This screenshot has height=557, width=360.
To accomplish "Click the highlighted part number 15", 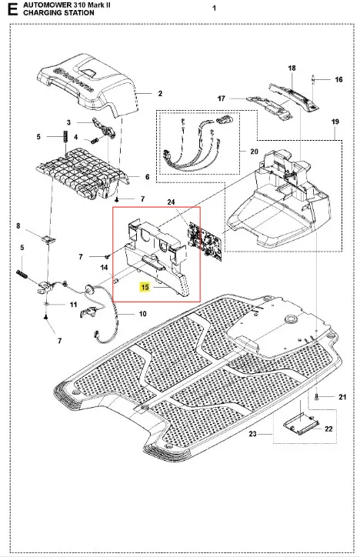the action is click(x=145, y=287).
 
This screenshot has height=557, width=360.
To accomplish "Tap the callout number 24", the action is click(x=171, y=202).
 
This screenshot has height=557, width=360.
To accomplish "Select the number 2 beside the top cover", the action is click(x=160, y=93).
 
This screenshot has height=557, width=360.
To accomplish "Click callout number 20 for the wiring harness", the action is click(x=254, y=152).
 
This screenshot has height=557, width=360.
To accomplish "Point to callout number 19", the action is click(x=335, y=122).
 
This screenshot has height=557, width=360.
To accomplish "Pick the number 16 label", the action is click(x=338, y=79).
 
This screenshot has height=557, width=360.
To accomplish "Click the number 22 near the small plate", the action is click(x=328, y=429).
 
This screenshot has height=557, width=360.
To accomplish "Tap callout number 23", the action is click(x=252, y=434).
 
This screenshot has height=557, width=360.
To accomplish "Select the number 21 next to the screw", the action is click(x=342, y=397).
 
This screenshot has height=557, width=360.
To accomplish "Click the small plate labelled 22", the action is click(x=301, y=425).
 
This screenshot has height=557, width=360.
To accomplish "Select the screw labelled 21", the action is click(x=316, y=397).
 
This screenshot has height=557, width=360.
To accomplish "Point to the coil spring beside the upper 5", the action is click(x=65, y=136).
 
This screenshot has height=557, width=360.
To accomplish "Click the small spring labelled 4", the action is click(x=94, y=140).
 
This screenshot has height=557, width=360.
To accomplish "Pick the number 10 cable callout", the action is click(x=142, y=314).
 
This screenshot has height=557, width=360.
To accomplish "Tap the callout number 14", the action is click(x=104, y=268).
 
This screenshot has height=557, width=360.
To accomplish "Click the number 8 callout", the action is click(x=18, y=225).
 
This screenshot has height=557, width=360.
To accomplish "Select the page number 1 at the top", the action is click(x=214, y=8).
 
